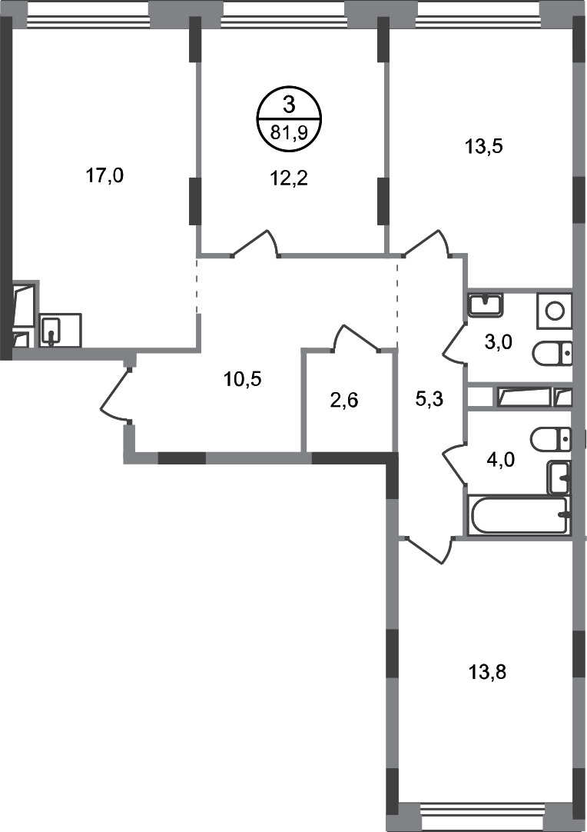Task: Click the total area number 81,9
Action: [x=289, y=131]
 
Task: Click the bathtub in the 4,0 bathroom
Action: [x=519, y=515]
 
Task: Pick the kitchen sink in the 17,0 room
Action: [x=52, y=331]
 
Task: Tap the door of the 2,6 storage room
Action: [x=355, y=338]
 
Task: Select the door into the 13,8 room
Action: [x=427, y=549]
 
